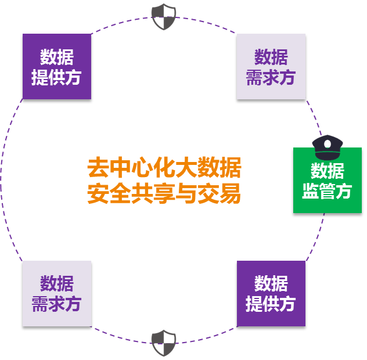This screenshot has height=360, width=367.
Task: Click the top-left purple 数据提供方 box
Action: tap(57, 66)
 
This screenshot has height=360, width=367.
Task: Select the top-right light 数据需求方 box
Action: tap(271, 66)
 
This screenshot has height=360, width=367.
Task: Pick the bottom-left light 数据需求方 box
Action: tap(57, 293)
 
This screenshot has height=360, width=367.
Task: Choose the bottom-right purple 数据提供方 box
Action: tap(271, 293)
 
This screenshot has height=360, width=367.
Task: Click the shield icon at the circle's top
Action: tap(164, 16)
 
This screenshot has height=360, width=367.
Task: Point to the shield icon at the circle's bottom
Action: tap(164, 343)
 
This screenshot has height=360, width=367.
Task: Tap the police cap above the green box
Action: tap(328, 147)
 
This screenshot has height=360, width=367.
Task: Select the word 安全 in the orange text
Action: tap(107, 194)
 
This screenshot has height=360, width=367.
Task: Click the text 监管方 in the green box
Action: tap(328, 191)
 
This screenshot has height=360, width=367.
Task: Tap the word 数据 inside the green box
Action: tap(328, 171)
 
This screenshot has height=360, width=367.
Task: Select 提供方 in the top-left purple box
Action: tap(57, 77)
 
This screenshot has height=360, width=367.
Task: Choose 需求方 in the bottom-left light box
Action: tap(57, 304)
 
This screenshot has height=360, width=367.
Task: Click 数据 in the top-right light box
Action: tap(271, 57)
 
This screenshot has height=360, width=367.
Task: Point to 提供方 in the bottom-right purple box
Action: tap(271, 304)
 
